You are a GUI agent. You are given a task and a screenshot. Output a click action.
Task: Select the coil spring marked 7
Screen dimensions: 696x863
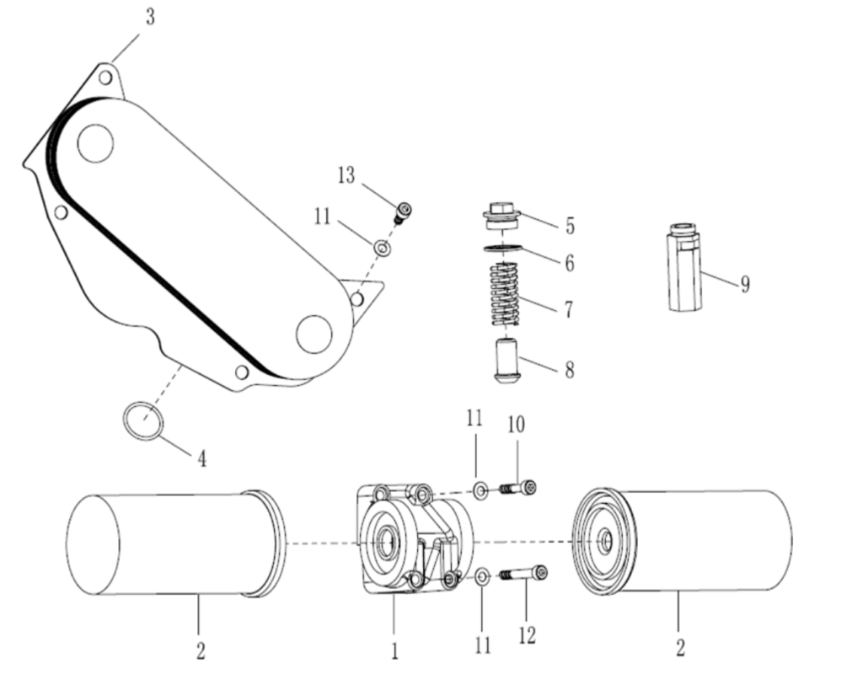505,294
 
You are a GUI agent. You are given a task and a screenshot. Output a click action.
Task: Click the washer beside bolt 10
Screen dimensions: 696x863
480,490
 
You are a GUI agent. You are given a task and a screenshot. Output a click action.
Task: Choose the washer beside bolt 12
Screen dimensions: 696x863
482,577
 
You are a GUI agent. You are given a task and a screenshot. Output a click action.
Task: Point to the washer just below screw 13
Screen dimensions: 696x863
382,249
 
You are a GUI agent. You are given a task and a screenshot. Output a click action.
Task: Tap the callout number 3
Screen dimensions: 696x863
149,18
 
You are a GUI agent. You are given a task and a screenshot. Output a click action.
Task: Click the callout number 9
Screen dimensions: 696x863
744,285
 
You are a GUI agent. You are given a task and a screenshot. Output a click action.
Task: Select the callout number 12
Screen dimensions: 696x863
527,634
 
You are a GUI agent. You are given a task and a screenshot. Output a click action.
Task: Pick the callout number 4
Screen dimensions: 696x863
201,458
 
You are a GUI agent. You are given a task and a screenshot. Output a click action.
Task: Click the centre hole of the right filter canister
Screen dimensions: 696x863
604,540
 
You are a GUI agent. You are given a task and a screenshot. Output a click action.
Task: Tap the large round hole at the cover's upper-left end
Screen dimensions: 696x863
95,143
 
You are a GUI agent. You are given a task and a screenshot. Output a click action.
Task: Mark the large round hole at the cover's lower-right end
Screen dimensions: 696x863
314,335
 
